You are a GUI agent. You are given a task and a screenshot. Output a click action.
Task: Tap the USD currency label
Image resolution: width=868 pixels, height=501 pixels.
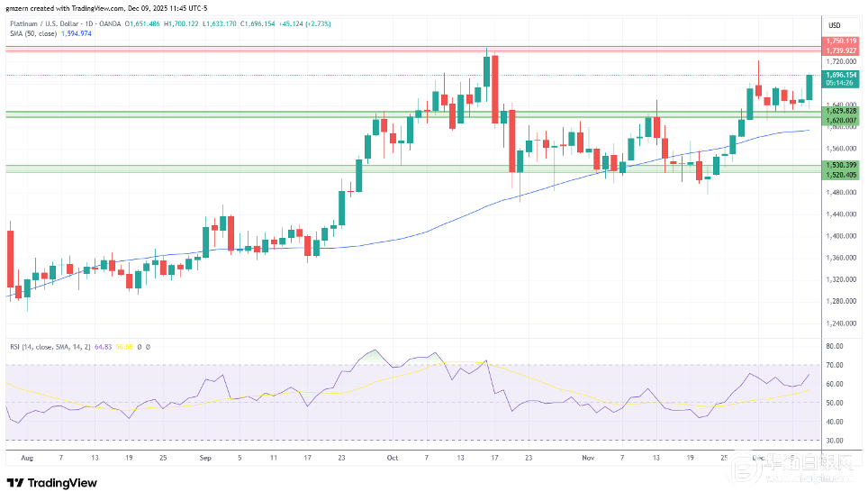pyautogui.click(x=835, y=24)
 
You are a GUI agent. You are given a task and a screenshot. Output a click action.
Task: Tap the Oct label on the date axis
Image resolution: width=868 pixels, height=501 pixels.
pyautogui.click(x=392, y=458)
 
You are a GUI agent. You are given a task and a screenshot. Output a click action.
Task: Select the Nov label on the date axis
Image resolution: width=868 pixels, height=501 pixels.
pyautogui.click(x=588, y=458)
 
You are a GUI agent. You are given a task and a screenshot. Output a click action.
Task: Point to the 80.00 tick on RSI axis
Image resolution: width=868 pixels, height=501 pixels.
pyautogui.click(x=834, y=346)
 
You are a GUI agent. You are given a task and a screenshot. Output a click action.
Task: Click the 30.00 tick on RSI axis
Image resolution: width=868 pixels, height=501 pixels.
pyautogui.click(x=834, y=441)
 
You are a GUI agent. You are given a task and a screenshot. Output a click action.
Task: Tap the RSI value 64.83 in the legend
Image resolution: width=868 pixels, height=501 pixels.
pyautogui.click(x=104, y=346)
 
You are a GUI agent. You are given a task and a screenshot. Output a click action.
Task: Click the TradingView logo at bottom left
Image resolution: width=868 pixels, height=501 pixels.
pyautogui.click(x=52, y=483)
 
